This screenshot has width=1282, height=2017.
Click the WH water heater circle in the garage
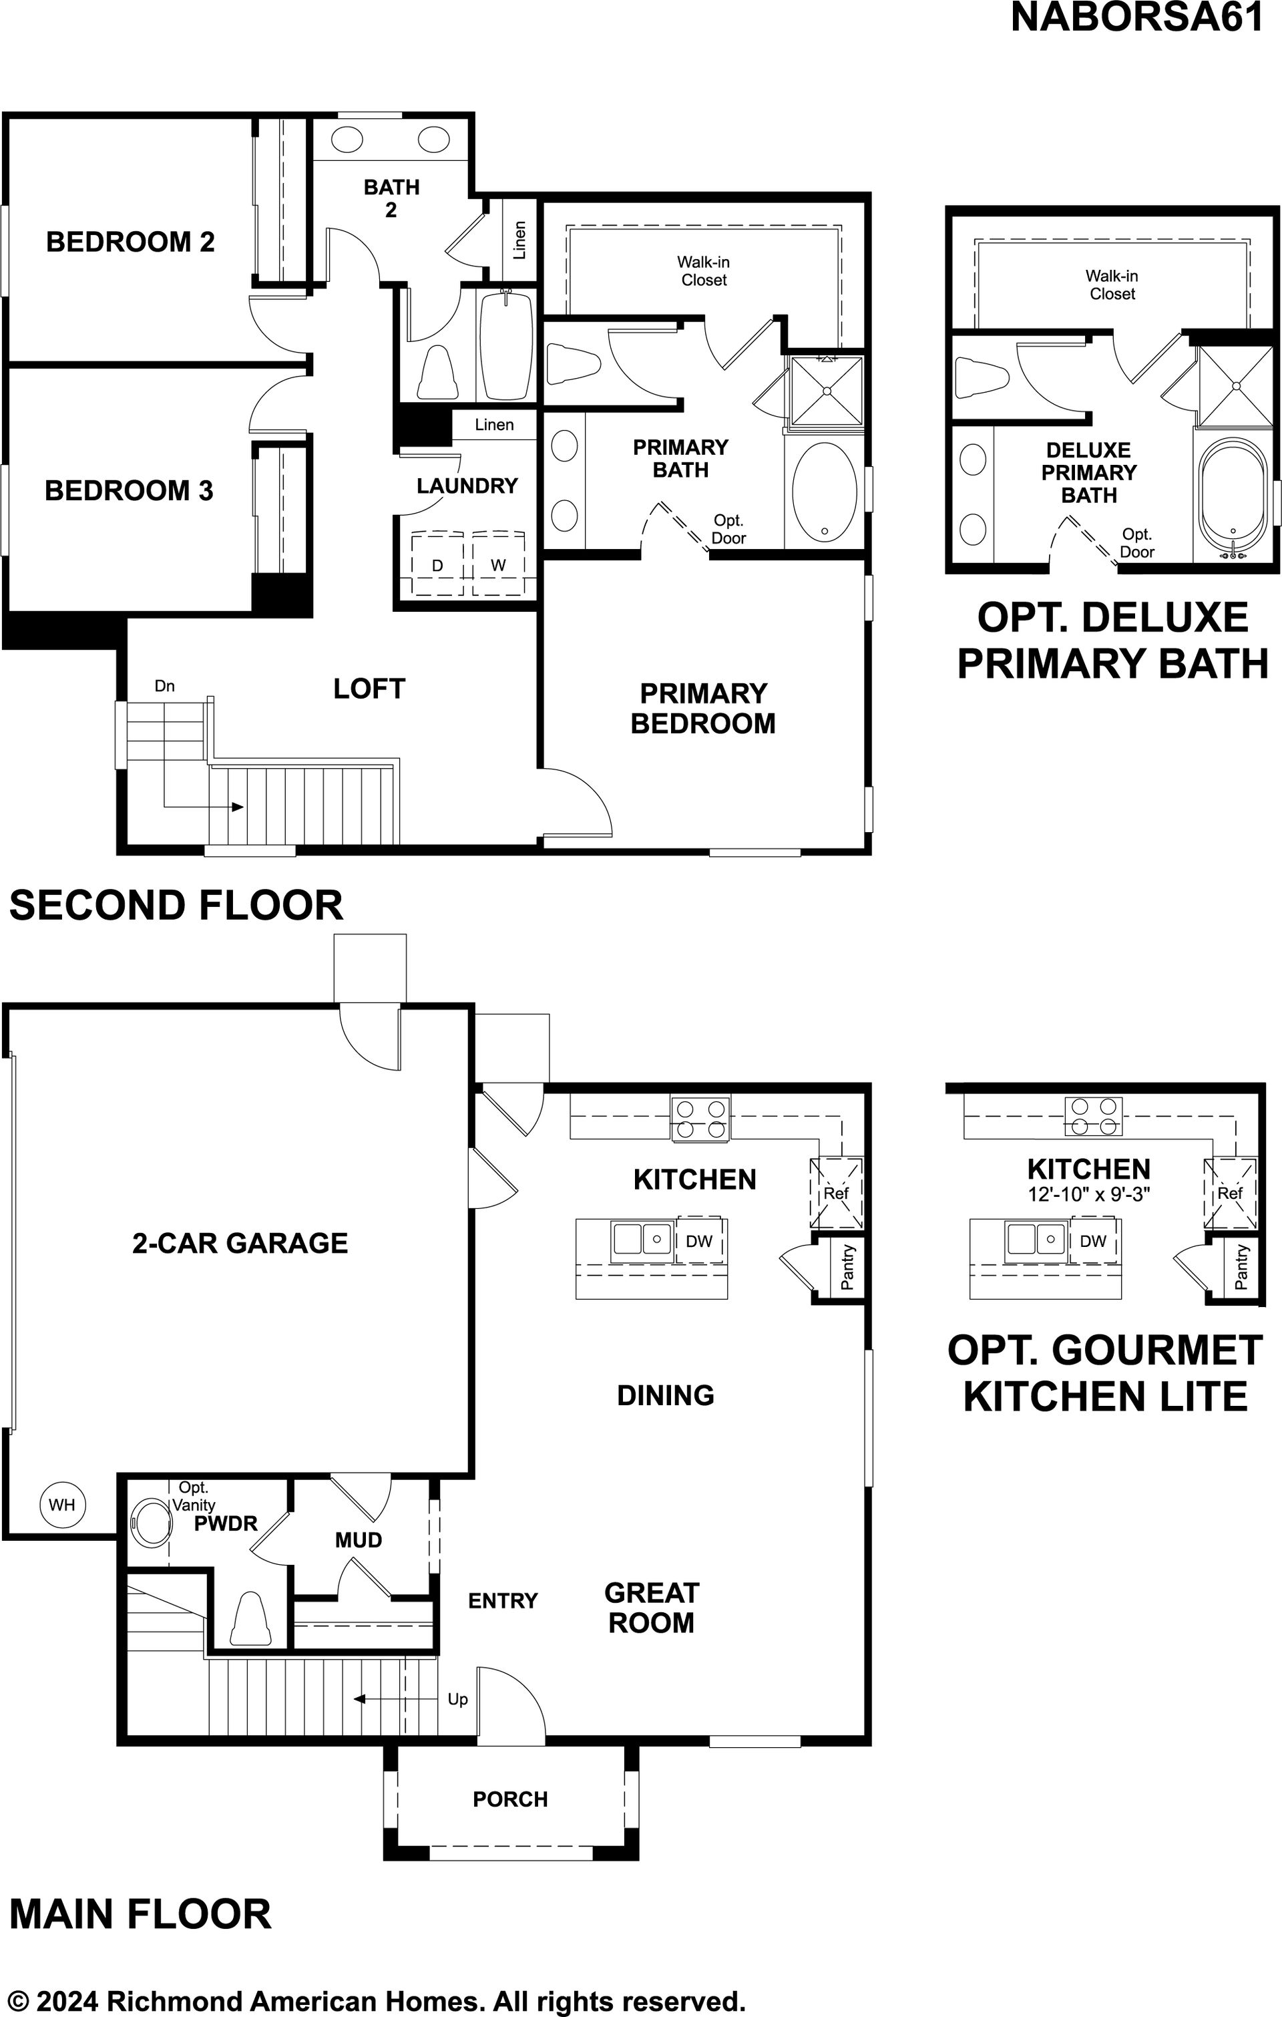pos(61,1504)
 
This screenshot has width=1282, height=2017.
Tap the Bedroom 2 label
pos(131,242)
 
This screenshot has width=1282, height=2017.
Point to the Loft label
pos(369,689)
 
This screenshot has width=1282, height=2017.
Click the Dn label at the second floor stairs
pos(165,686)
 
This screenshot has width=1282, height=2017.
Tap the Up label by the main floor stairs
pos(457,1698)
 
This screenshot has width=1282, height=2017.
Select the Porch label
pos(510,1799)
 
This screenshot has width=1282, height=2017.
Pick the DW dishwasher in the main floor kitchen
pos(700,1240)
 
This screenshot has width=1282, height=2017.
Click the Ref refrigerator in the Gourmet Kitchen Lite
pos(1230,1193)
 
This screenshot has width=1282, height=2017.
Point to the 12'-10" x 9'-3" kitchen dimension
pos(1088,1194)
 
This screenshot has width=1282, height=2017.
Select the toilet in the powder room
pos(250,1618)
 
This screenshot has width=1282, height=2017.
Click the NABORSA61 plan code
pos(1136,17)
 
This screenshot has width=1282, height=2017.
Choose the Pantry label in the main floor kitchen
pos(847,1268)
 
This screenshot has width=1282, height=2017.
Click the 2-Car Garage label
pos(240,1243)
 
